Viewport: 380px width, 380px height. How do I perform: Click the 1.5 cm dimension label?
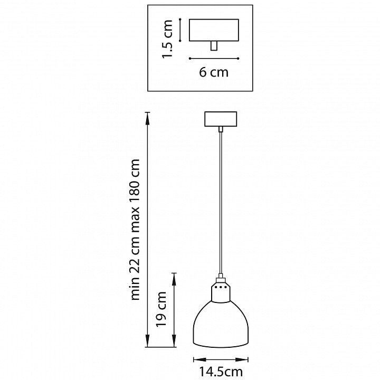[167, 39]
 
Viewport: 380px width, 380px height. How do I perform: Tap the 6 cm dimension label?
[214, 72]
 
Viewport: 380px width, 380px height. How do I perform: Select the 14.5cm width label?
[221, 372]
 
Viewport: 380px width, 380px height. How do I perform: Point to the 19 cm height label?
[161, 309]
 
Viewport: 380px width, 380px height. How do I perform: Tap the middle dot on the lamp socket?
[221, 287]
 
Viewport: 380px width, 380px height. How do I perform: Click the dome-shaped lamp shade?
[221, 324]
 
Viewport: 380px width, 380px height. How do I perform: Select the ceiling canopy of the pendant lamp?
[221, 119]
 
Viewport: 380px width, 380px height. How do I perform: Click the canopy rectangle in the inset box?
[214, 30]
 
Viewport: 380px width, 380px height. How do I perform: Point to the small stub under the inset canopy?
[214, 46]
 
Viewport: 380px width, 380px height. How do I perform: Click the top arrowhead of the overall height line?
[147, 118]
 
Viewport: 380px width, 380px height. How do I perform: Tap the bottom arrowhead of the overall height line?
[147, 341]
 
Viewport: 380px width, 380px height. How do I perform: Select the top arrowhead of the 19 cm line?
[174, 279]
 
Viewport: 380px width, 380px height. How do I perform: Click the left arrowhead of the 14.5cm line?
[199, 359]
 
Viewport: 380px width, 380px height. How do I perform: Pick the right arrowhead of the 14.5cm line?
[242, 359]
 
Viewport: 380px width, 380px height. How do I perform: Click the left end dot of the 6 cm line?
[190, 59]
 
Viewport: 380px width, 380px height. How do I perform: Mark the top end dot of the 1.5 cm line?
[180, 19]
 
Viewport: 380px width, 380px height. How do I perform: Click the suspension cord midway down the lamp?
[221, 203]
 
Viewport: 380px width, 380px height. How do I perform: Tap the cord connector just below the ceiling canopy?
[221, 129]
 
